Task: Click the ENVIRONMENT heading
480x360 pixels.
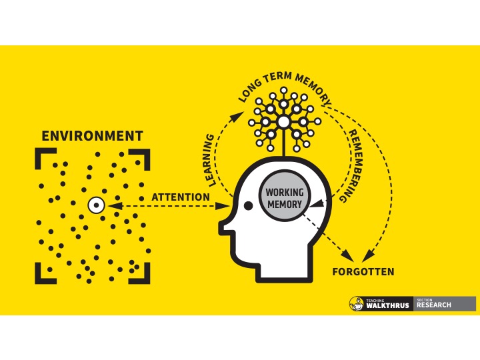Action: pyautogui.click(x=92, y=136)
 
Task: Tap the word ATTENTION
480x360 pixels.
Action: pyautogui.click(x=180, y=197)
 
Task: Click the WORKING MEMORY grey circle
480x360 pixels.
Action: pyautogui.click(x=285, y=197)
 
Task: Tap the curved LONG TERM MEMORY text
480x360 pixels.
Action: pyautogui.click(x=285, y=85)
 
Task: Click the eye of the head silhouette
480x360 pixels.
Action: pyautogui.click(x=248, y=207)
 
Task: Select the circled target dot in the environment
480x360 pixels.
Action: pyautogui.click(x=96, y=206)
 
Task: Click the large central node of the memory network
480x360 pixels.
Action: pyautogui.click(x=284, y=122)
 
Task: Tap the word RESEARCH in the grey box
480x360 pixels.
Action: pyautogui.click(x=434, y=306)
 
